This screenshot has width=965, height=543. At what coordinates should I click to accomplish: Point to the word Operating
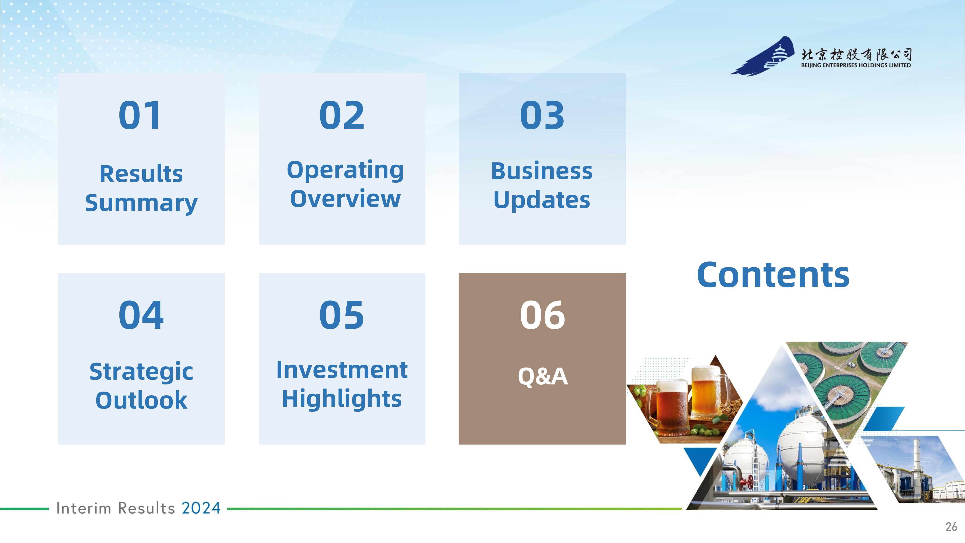345,171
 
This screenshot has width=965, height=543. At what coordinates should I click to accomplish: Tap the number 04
141,315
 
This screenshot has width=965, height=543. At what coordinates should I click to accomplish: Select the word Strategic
141,372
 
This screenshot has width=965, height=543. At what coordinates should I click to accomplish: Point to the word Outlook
141,400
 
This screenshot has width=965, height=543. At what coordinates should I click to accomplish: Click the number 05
342,315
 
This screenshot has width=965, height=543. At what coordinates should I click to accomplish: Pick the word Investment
342,370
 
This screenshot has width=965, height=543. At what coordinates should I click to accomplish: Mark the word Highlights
342,398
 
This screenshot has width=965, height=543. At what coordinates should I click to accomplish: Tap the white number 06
542,315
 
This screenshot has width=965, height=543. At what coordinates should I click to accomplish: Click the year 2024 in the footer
201,508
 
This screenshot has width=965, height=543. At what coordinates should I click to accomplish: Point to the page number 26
951,527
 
